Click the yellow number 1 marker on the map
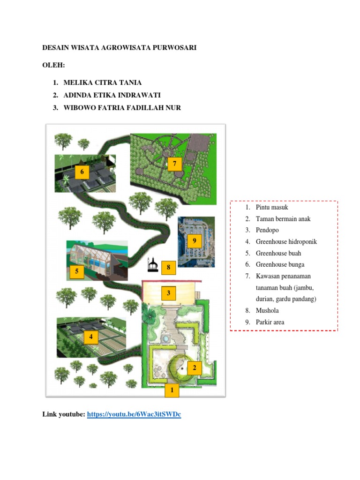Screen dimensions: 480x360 (172, 390)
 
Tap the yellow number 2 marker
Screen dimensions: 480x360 (194, 368)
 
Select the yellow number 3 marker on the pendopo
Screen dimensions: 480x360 (168, 293)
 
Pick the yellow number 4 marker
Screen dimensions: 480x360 (91, 337)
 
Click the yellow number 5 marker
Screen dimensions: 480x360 (76, 271)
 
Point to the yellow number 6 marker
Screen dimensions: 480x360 (82, 172)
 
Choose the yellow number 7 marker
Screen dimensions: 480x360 (174, 164)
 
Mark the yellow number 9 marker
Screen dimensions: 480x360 (194, 241)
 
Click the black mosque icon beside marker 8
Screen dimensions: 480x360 (151, 265)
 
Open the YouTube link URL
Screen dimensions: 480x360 (134, 414)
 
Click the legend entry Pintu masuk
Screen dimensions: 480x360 (272, 207)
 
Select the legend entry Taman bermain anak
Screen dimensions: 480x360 (283, 219)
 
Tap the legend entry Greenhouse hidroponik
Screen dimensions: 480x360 (286, 242)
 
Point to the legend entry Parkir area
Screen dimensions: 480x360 (270, 322)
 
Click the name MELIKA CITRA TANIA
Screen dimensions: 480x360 (103, 83)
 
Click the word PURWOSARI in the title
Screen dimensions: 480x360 (171, 48)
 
